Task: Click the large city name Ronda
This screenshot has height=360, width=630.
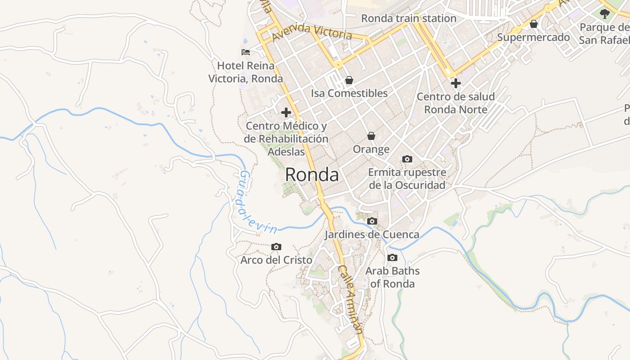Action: tap(312, 175)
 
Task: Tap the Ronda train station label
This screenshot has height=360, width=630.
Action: tap(409, 18)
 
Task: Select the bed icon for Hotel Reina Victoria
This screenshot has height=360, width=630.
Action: tap(246, 52)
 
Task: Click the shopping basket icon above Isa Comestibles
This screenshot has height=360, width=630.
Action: tap(349, 81)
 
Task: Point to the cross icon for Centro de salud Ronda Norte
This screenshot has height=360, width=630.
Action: tap(456, 83)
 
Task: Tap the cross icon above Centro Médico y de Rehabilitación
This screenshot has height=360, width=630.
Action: tap(286, 112)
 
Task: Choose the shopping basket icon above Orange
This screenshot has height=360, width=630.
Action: tap(371, 136)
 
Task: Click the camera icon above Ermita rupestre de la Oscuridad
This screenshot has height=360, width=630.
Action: tap(407, 159)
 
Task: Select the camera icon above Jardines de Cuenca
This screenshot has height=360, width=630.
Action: tap(372, 221)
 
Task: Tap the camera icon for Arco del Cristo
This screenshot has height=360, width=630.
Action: tap(276, 247)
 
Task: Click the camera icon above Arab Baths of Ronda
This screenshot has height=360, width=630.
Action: tap(392, 258)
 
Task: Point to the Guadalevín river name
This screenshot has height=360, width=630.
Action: tap(256, 202)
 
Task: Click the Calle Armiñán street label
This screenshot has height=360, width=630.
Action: tap(351, 299)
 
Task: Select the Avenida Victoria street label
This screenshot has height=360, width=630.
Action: tap(312, 31)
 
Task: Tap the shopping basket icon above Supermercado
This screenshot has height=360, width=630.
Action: tap(534, 24)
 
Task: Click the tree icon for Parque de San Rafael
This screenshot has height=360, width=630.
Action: tap(604, 14)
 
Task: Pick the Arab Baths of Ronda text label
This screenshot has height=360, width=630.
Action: tap(392, 277)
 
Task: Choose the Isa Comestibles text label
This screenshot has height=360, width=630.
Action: tap(349, 93)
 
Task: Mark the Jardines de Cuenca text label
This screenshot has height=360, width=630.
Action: tap(372, 234)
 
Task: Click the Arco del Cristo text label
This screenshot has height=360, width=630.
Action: tap(276, 260)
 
